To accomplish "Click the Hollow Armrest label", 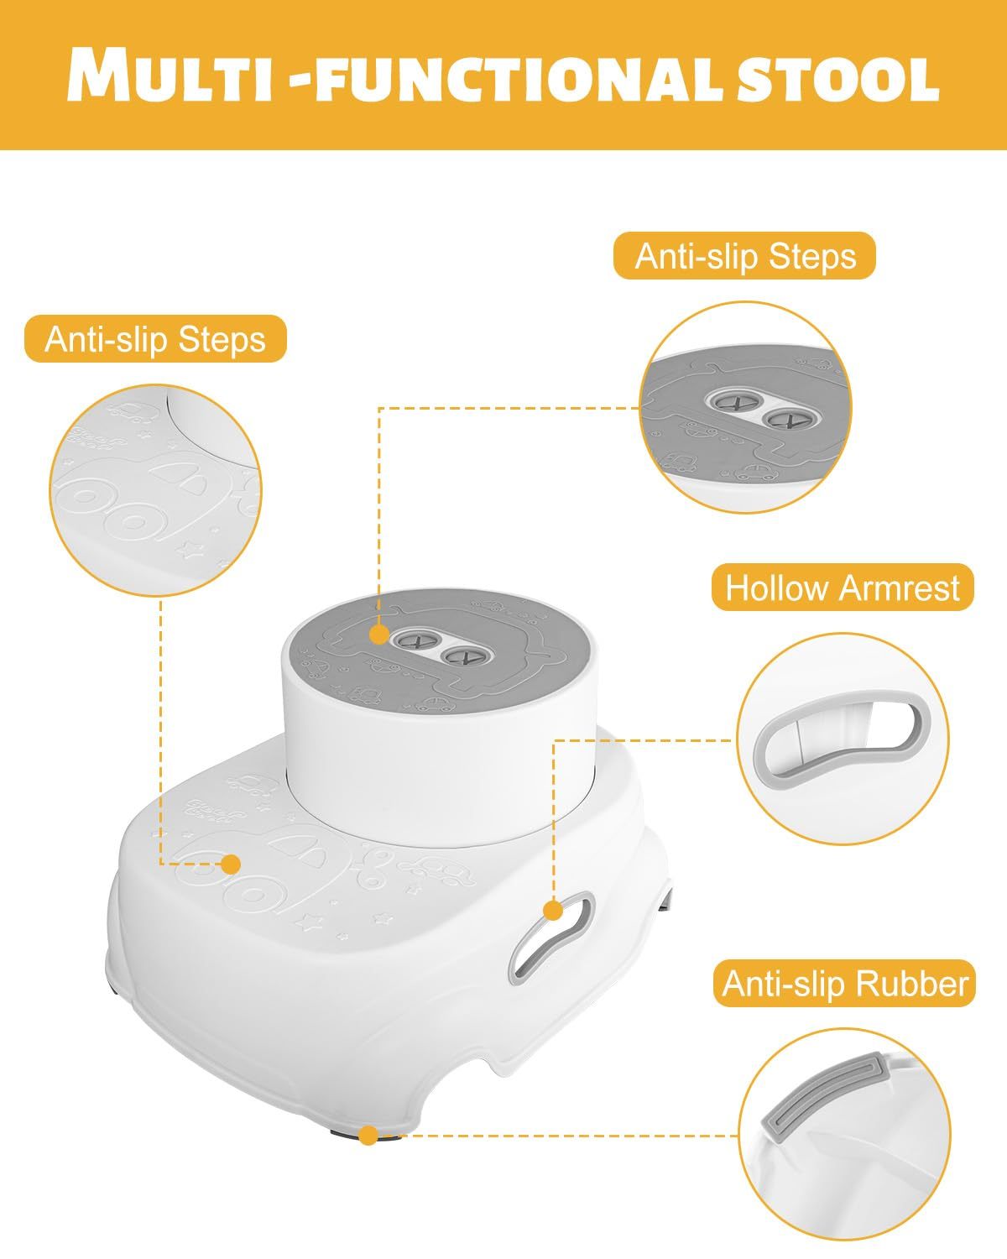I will (842, 588).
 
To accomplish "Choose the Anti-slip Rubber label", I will (845, 983).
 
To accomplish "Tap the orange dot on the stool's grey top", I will (378, 634).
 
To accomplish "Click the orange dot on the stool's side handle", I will (552, 910).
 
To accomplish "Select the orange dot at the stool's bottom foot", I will (367, 1136).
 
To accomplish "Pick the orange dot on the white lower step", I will (231, 864).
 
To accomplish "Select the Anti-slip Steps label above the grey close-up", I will (744, 256).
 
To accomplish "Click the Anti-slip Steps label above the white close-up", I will (155, 339).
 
